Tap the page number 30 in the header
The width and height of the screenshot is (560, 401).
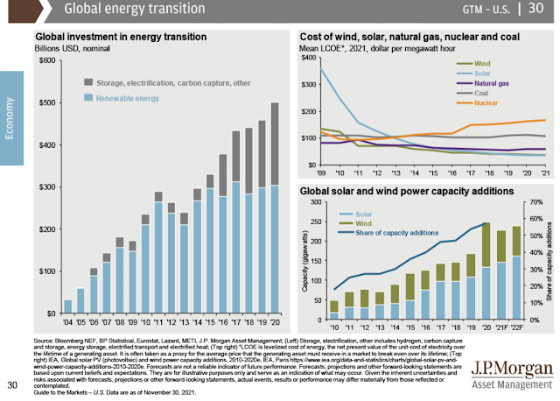[535, 11]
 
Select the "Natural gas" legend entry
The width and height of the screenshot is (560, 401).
[493, 82]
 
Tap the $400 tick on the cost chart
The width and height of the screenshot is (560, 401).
[309, 58]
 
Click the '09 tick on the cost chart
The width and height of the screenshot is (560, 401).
[322, 172]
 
